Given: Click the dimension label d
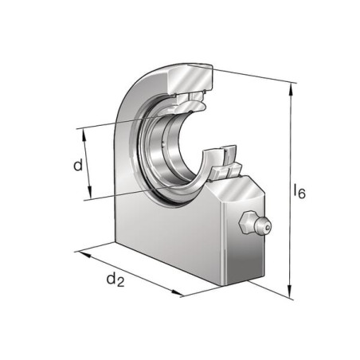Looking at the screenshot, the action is (x=78, y=165).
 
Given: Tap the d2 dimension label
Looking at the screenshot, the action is (x=115, y=280).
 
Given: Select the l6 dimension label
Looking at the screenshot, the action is (x=299, y=191).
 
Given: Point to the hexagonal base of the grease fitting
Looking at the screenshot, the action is (x=246, y=223).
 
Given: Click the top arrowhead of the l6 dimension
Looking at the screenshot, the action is (x=291, y=90).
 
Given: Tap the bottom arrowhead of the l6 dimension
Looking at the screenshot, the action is (x=289, y=291).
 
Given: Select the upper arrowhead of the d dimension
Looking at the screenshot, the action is (x=84, y=135).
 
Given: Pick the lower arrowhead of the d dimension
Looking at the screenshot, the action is (x=89, y=192).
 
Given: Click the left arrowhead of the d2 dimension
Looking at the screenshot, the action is (x=84, y=254).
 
